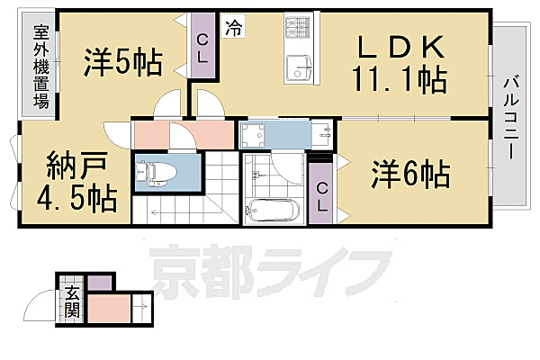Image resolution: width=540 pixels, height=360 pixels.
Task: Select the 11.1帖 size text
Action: click(x=402, y=81)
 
